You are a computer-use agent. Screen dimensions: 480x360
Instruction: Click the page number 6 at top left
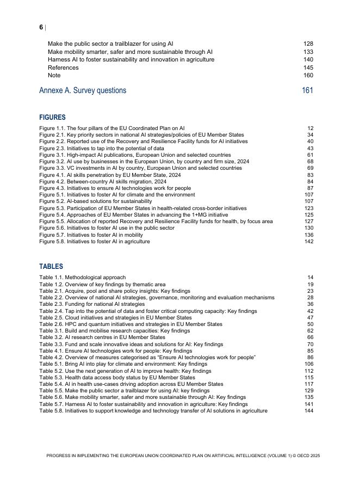41,27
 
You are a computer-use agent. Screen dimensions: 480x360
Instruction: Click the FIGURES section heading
52,118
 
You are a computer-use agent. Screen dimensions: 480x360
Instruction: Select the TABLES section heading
51,267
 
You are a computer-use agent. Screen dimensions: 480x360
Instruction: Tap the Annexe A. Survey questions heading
83,90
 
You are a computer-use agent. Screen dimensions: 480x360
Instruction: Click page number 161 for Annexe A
307,90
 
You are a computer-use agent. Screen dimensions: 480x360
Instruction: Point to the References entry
63,67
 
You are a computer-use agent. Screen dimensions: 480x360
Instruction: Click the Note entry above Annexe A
54,76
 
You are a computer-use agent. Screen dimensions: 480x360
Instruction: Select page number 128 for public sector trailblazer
308,44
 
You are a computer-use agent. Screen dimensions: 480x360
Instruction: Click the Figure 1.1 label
52,128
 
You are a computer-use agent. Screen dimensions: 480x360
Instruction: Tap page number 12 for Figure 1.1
310,128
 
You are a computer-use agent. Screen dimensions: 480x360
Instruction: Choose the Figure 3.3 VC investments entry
141,169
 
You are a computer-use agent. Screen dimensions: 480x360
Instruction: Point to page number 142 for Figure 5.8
309,242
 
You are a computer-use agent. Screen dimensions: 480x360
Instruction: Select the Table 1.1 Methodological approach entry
82,278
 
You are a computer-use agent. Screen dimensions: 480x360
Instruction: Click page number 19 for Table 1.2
310,285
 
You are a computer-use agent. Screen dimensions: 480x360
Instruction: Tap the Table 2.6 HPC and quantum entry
131,324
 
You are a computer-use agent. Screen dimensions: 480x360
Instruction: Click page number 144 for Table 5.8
309,411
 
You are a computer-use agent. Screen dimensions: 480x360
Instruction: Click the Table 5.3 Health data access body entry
117,378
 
